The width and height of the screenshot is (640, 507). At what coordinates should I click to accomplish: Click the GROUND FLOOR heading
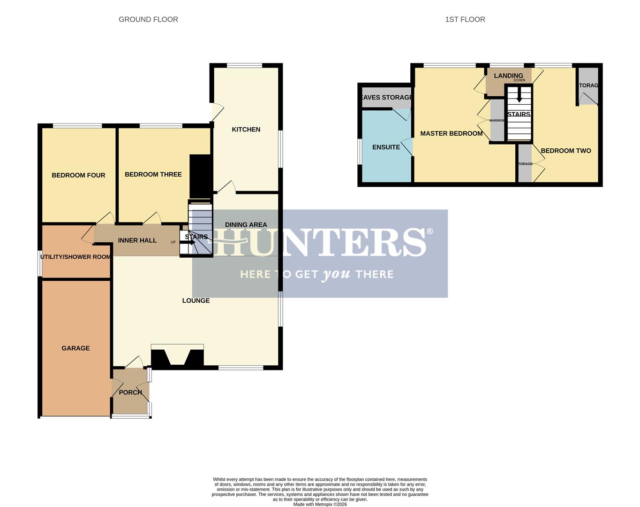click(x=148, y=19)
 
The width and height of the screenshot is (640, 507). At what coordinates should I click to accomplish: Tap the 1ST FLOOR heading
click(x=465, y=19)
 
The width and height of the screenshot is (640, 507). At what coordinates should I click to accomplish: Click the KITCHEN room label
click(x=246, y=130)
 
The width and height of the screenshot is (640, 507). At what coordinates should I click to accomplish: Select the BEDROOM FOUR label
click(x=78, y=175)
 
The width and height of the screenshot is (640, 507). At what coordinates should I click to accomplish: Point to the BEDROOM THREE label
click(x=153, y=174)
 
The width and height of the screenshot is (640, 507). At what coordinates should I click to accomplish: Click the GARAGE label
click(x=75, y=348)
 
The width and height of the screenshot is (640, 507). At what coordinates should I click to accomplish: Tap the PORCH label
click(x=130, y=392)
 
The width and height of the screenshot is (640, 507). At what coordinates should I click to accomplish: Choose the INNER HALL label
click(x=137, y=240)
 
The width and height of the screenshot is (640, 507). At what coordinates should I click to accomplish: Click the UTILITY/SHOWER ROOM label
click(x=75, y=257)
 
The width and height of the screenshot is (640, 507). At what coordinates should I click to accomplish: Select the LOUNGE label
click(x=196, y=300)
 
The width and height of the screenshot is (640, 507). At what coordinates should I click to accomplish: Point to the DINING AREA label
click(x=246, y=224)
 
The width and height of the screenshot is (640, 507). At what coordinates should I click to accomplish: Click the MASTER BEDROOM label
click(x=451, y=133)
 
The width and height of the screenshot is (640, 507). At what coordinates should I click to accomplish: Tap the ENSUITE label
click(x=386, y=147)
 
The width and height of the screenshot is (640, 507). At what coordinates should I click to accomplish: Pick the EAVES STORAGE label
click(x=386, y=97)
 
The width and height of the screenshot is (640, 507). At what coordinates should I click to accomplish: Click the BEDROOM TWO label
click(x=566, y=151)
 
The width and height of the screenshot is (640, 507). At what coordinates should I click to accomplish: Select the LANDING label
click(x=508, y=76)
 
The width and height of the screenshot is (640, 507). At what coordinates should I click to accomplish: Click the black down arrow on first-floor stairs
click(x=519, y=97)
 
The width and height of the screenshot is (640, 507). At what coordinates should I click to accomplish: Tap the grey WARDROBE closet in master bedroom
click(x=497, y=121)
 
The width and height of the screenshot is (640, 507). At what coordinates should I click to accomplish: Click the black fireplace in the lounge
click(x=177, y=356)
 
